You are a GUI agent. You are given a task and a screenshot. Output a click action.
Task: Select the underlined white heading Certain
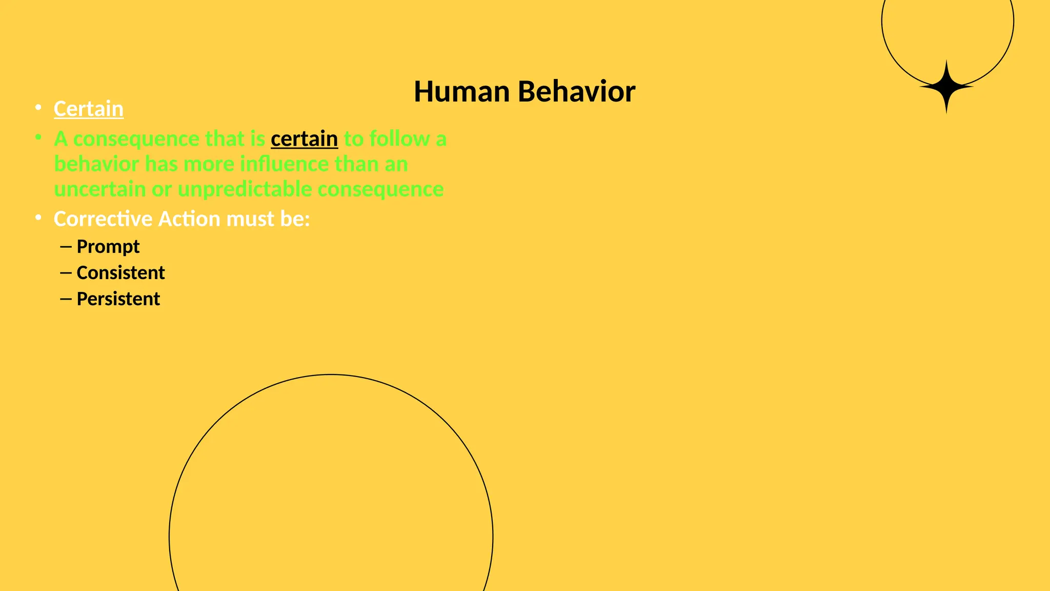click(x=89, y=109)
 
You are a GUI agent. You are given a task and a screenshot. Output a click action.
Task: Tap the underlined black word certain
click(x=304, y=139)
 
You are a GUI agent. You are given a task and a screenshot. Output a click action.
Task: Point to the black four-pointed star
click(x=946, y=87)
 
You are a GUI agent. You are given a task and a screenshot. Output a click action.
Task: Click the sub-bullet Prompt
click(x=108, y=247)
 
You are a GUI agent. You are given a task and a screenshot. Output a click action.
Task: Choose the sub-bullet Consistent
click(x=120, y=273)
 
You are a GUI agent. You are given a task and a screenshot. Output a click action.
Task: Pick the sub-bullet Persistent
click(x=118, y=299)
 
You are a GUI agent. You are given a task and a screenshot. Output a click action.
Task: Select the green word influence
click(x=284, y=164)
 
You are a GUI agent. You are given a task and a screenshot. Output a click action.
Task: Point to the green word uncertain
click(x=100, y=189)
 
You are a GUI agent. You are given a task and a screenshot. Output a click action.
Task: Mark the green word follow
click(x=399, y=139)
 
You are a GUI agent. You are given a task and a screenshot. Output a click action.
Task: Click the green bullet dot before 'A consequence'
click(x=38, y=137)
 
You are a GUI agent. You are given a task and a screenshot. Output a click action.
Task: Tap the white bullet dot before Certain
click(x=38, y=107)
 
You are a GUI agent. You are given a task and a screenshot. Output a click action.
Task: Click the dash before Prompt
click(x=65, y=247)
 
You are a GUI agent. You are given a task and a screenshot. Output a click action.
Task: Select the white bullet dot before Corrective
click(x=38, y=218)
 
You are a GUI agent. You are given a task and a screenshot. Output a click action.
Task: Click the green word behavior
click(x=96, y=164)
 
